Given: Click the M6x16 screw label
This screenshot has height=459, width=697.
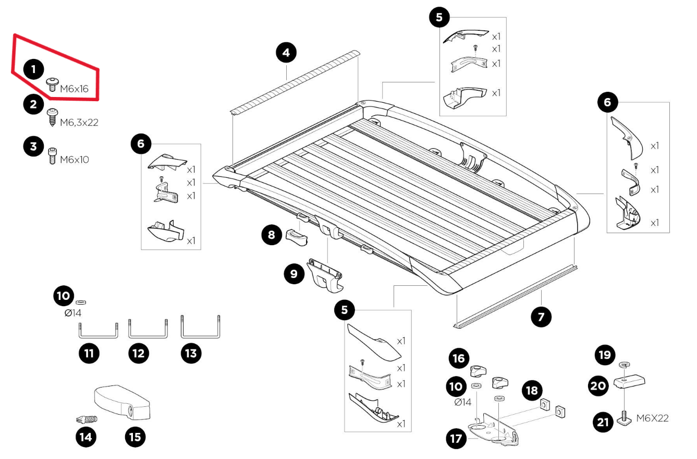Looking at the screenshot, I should [x=74, y=89].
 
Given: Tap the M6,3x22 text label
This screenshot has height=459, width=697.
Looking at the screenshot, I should [x=79, y=123].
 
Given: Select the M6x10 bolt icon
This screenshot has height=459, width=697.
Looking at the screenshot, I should [x=52, y=156].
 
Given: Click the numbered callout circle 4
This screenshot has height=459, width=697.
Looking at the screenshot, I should [x=286, y=53].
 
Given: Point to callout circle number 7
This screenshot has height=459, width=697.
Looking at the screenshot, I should [x=541, y=316].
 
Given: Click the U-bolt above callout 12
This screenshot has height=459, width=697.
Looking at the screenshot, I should [x=148, y=330].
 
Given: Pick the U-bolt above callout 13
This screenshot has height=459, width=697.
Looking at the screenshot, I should [x=201, y=328].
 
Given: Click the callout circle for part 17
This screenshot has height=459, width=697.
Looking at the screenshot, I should [x=456, y=438].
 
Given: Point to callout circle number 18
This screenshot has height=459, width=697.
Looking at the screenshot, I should [x=533, y=390].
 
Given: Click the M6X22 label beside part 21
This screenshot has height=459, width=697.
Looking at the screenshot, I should [x=652, y=418].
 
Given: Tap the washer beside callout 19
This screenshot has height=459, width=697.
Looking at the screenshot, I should [x=624, y=365].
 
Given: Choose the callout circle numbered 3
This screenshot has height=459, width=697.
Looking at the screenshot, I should [x=34, y=146].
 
